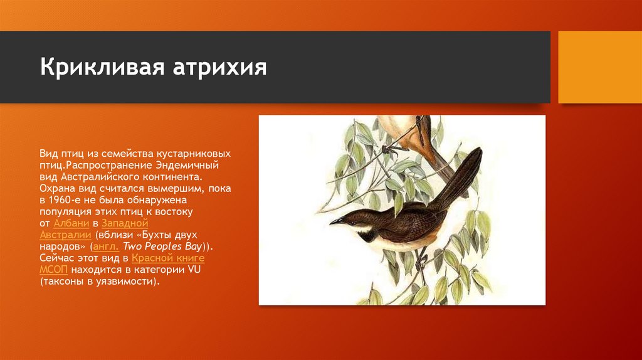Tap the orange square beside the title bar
(x=599, y=67)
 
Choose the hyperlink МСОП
(x=54, y=270)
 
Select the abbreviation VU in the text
(x=193, y=270)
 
